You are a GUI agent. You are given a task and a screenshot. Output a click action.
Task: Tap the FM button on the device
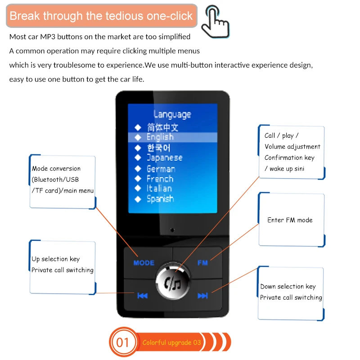click(x=202, y=262)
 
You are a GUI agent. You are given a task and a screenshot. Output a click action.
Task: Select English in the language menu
click(x=160, y=137)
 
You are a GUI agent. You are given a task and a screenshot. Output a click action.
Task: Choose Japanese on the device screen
click(x=164, y=158)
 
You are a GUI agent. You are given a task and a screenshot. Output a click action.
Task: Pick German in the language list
click(x=161, y=169)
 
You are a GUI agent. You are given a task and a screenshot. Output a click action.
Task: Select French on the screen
click(x=160, y=179)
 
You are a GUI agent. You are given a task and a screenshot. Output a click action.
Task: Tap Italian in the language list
click(x=159, y=189)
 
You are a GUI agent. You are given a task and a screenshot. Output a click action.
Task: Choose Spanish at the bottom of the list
click(x=160, y=198)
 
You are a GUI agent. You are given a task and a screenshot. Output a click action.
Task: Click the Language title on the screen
click(x=172, y=114)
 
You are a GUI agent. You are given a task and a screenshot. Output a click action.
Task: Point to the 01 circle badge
click(x=122, y=342)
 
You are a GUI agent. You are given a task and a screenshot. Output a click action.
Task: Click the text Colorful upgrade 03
click(x=171, y=343)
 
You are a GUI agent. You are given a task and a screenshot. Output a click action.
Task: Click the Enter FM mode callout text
click(x=290, y=220)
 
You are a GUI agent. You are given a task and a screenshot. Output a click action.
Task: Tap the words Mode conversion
click(x=56, y=169)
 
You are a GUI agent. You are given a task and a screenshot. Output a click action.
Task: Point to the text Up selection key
click(x=55, y=259)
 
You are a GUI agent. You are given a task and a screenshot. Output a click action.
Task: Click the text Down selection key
click(x=288, y=287)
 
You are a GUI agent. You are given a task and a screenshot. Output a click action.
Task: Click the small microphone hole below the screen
click(x=172, y=230)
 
